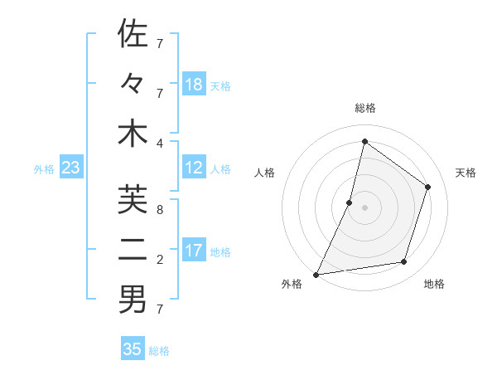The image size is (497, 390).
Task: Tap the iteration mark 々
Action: (x=133, y=84)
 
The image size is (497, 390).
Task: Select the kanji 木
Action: (x=133, y=134)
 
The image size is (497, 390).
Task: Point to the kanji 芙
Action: (x=133, y=200)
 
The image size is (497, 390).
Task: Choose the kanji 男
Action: (x=133, y=300)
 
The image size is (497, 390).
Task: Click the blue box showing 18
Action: (x=194, y=85)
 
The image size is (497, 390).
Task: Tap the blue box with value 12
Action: (x=194, y=168)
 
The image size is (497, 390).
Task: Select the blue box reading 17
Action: (x=194, y=251)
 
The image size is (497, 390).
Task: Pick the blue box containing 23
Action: (x=70, y=168)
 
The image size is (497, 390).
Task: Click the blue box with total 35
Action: (x=133, y=349)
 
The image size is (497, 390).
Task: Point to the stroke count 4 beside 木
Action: (x=160, y=142)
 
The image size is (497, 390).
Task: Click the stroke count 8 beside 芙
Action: (x=160, y=209)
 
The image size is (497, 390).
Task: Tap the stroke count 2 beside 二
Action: (x=160, y=260)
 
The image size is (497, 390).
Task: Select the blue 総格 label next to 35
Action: (x=159, y=351)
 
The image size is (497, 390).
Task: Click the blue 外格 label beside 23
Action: (x=44, y=169)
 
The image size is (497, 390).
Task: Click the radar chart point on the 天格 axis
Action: (x=428, y=187)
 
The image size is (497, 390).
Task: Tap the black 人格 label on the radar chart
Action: (x=264, y=173)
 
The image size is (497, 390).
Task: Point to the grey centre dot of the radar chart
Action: (x=364, y=207)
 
